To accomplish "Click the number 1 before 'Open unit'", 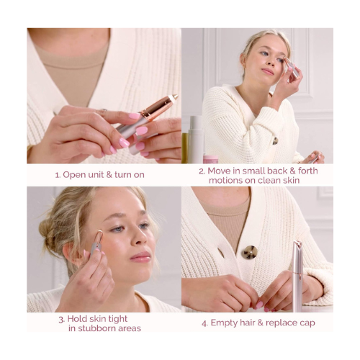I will [57, 174].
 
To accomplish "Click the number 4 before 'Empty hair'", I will [204, 323].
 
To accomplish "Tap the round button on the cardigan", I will [249, 252].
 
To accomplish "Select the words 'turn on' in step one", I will [133, 174].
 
